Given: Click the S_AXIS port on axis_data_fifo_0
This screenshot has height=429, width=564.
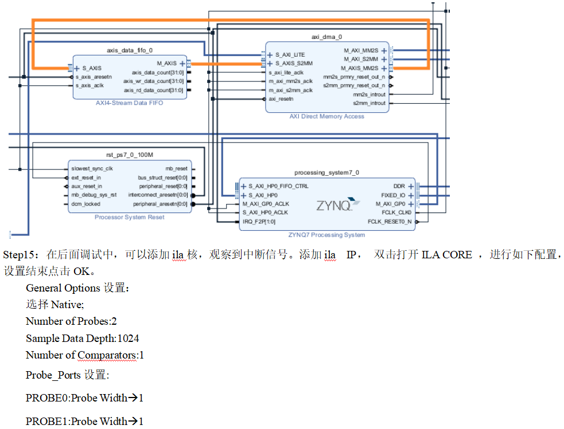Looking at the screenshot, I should click(x=91, y=68).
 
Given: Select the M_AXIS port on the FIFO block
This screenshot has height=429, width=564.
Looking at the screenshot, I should click(x=167, y=64).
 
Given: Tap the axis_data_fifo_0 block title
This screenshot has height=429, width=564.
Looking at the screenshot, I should click(x=130, y=51).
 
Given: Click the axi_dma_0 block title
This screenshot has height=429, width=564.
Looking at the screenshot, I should click(x=326, y=37).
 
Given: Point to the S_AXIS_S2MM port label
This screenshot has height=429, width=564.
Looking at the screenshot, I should click(x=294, y=63).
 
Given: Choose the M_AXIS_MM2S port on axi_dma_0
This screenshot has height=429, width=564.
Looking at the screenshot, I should click(x=360, y=68).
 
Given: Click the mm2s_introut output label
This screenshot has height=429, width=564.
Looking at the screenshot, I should click(x=369, y=95).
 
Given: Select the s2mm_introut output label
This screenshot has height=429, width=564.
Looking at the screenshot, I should click(x=369, y=103).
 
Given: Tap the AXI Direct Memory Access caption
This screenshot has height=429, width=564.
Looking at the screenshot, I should click(x=326, y=116).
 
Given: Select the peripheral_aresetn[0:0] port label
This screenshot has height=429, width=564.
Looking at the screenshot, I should click(x=160, y=204).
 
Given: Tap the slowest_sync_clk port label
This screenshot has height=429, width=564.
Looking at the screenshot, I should click(x=92, y=169).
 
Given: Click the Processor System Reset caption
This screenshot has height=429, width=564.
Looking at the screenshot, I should click(x=130, y=217).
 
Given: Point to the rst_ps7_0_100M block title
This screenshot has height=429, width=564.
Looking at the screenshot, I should click(x=130, y=155).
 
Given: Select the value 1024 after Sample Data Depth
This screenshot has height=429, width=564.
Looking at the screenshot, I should click(x=128, y=339).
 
